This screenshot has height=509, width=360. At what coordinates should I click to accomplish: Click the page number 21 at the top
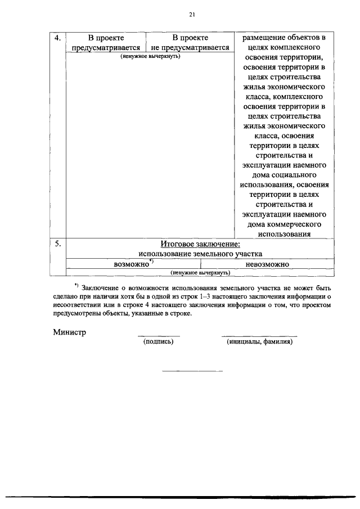pos(192,14)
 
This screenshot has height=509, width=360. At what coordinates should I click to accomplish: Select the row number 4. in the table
pos(57,38)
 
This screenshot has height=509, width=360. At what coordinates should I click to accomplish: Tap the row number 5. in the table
pos(57,244)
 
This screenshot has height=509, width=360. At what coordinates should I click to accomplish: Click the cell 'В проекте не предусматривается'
pos(190,43)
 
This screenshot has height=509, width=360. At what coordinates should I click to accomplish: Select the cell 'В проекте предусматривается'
pos(106,43)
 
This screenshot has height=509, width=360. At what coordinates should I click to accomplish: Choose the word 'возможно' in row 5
pos(130,263)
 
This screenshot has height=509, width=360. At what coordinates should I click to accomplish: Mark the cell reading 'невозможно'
pos(267,263)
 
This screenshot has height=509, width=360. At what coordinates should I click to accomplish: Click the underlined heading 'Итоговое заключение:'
pos(200,244)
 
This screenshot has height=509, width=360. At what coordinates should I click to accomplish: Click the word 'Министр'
pos(70,332)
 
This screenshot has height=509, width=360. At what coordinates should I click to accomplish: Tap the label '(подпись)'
pos(159,341)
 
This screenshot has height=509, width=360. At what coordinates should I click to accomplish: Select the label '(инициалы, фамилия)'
pos(260,341)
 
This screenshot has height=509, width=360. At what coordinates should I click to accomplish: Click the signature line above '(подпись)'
pos(159,336)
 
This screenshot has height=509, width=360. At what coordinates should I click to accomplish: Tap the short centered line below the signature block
pos(192,371)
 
